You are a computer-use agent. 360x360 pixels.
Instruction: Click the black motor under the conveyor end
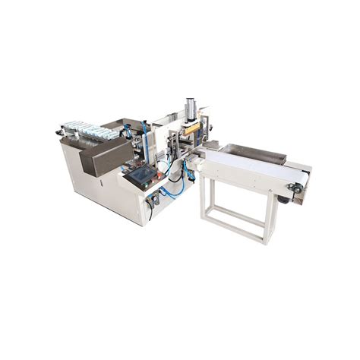(x=286, y=199)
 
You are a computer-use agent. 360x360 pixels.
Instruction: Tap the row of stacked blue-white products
(x=89, y=128)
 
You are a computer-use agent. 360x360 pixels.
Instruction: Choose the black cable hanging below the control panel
(x=150, y=209)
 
